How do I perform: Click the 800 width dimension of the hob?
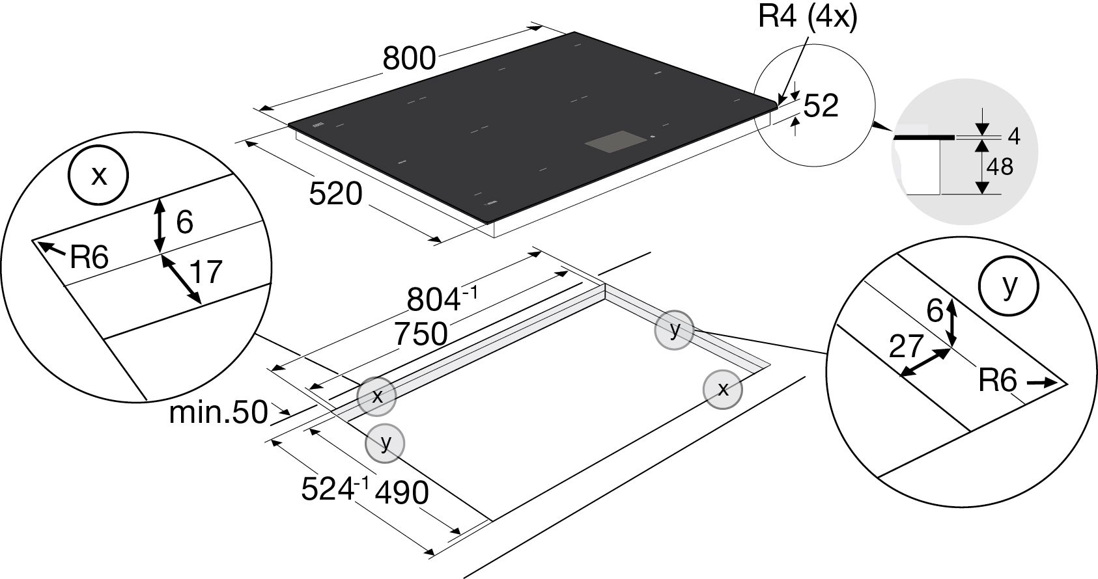click(x=409, y=59)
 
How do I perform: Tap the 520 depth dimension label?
click(x=336, y=193)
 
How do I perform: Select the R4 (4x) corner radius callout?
click(x=808, y=17)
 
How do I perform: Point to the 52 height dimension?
click(x=821, y=105)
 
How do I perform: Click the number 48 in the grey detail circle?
click(x=1000, y=167)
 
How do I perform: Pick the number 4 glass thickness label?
click(x=1014, y=136)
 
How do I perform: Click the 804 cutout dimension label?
click(x=442, y=299)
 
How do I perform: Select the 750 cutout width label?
click(x=421, y=334)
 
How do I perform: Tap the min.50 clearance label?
click(x=219, y=412)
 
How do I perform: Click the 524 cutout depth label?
click(x=334, y=489)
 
